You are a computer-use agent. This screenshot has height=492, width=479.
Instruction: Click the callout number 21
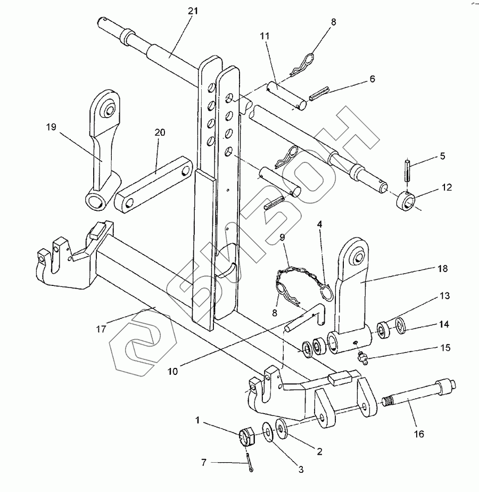point(193,11)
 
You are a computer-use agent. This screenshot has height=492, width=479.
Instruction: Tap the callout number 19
point(51,127)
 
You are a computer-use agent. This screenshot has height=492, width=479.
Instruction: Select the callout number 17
point(101,329)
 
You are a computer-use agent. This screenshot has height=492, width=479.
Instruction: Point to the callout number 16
point(419,434)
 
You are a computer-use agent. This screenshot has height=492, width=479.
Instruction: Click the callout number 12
point(447,187)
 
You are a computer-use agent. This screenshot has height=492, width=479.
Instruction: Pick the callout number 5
point(443,156)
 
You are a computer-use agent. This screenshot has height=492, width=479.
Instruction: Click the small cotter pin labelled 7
point(250,461)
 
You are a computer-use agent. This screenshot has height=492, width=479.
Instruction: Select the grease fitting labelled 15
point(363,358)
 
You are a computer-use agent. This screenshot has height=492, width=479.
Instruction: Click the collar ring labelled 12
point(406,202)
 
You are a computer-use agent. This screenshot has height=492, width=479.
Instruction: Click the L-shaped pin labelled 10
point(305,317)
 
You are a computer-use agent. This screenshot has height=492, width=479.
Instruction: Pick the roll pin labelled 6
point(319,94)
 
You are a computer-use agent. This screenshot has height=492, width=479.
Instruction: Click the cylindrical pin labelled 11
point(287,96)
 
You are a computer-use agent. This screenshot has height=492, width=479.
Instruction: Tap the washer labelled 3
point(268,431)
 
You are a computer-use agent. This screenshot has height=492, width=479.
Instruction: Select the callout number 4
point(319,224)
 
